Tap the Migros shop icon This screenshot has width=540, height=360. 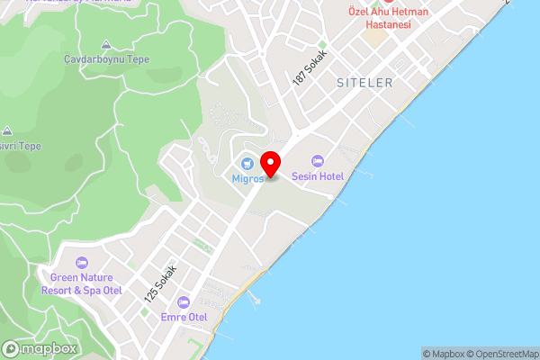[x=247, y=163]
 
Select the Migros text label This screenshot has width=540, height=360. [x=247, y=178]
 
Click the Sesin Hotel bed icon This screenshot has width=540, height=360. [x=317, y=160]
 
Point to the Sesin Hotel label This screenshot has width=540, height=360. [x=317, y=176]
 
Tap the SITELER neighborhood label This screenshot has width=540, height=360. [x=364, y=82]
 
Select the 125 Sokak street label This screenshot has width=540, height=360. [x=163, y=283]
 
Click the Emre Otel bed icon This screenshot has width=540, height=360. [x=184, y=301]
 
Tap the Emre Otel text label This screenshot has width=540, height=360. [x=184, y=317]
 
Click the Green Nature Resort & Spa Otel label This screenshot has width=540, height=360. [x=82, y=284]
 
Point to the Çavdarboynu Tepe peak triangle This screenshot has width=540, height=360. [x=107, y=44]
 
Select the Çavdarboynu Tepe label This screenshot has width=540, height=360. [x=107, y=59]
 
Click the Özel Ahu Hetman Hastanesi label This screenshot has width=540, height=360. [x=389, y=18]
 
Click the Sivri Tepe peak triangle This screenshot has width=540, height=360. [x=7, y=130]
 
